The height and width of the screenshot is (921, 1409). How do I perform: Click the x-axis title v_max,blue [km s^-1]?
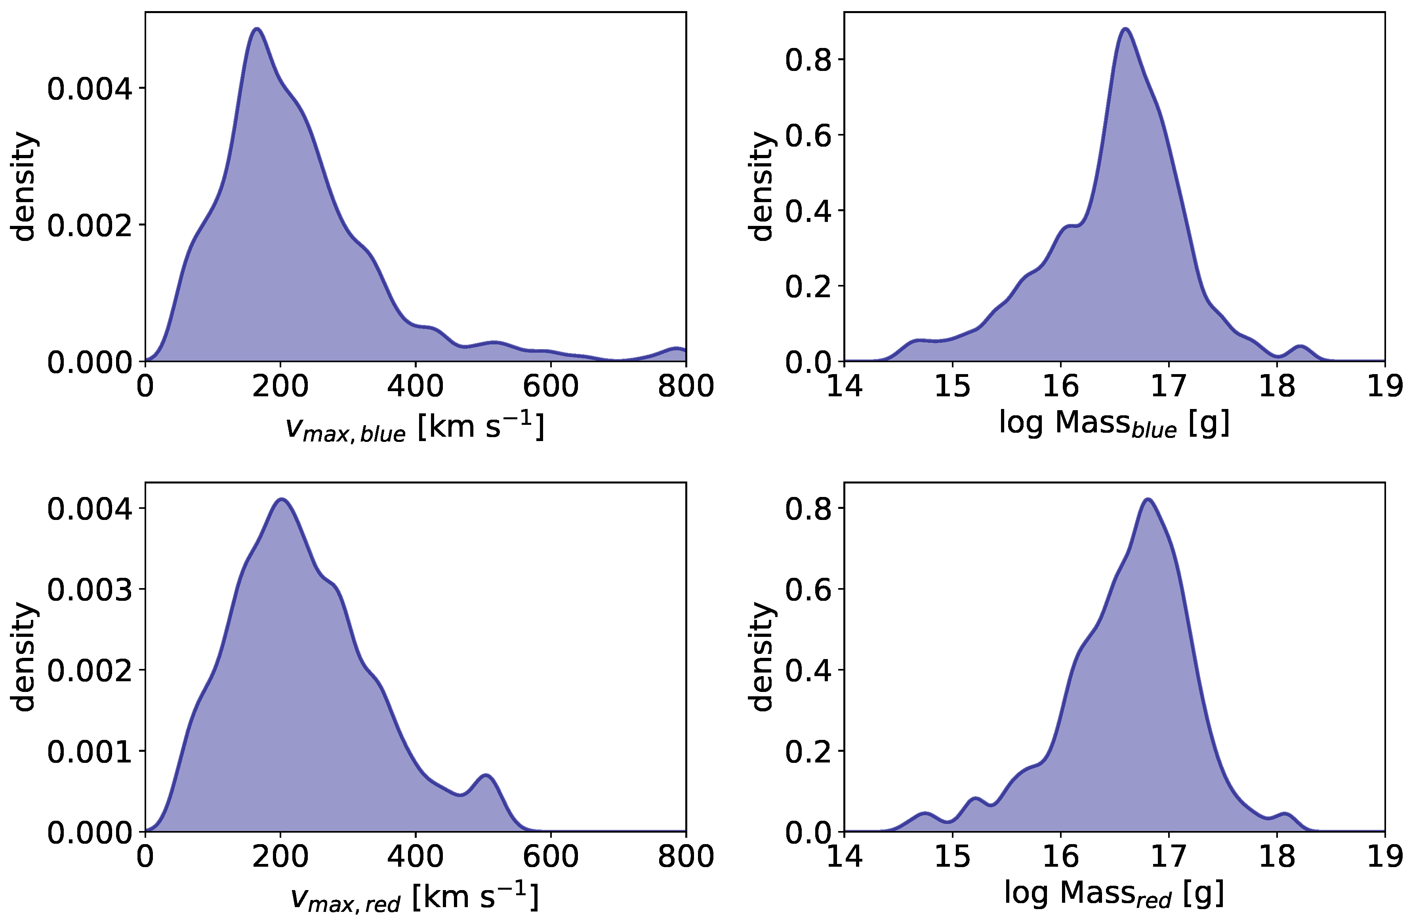pyautogui.click(x=414, y=428)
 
